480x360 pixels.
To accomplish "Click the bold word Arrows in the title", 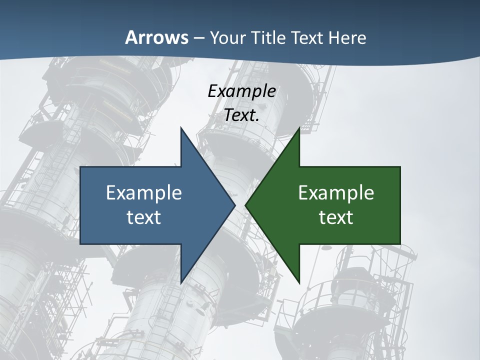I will click(156, 37).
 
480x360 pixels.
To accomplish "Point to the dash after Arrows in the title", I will click(198, 38).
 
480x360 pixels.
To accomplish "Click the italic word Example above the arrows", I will click(241, 91).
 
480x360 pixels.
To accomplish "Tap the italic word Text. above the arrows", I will click(241, 115).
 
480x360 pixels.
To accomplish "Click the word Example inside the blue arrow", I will click(144, 192).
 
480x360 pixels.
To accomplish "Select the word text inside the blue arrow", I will click(144, 217).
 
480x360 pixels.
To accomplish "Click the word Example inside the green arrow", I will click(336, 192).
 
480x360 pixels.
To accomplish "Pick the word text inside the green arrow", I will click(336, 217).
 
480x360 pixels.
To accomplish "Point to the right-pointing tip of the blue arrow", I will click(234, 205).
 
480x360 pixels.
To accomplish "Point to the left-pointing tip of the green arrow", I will click(245, 205).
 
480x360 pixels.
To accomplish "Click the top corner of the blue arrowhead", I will click(181, 128).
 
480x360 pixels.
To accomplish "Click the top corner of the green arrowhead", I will click(299, 128).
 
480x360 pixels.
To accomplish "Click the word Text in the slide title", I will click(305, 37).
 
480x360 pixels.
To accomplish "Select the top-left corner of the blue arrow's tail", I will click(81, 167).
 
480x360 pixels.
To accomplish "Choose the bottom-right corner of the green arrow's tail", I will click(399, 243).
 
